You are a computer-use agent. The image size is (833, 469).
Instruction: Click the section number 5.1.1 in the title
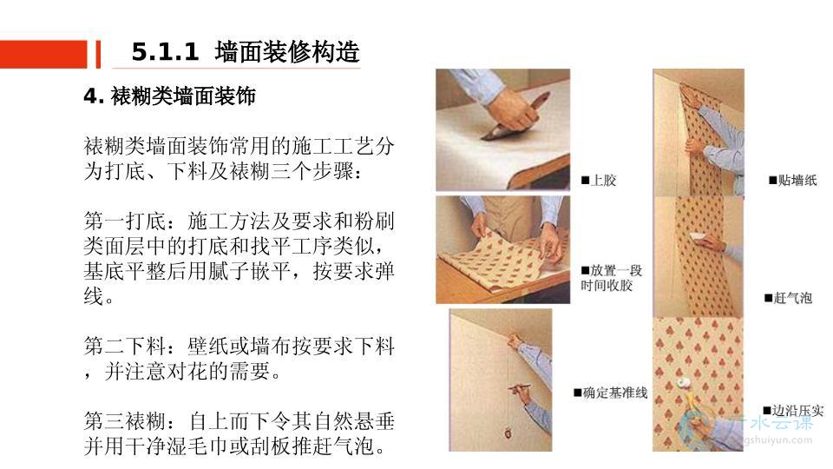coord(165,52)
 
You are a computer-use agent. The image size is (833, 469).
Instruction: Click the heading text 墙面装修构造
coord(287,52)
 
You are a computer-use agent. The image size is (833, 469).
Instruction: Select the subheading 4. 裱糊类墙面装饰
coord(169,96)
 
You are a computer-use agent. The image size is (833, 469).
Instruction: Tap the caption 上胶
coord(599,181)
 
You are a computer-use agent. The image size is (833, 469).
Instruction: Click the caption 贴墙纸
coord(792,181)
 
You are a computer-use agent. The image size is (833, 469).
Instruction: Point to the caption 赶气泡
coord(789,298)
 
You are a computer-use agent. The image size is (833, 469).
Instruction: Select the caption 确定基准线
coord(610,393)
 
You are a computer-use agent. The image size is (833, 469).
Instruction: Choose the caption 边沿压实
coord(793,411)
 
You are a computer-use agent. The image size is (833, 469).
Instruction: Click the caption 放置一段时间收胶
coord(612,278)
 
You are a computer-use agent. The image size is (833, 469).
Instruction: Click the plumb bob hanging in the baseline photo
coord(508,433)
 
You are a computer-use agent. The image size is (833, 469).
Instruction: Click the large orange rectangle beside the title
coord(43,54)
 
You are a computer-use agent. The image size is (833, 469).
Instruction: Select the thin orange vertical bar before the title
coord(98,54)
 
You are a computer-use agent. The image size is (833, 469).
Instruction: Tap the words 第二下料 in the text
coord(125,347)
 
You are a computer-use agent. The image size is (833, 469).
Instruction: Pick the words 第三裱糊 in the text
coord(125,422)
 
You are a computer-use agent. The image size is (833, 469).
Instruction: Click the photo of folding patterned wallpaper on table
coord(503,250)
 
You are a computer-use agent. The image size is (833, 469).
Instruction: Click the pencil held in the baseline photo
coord(520,387)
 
